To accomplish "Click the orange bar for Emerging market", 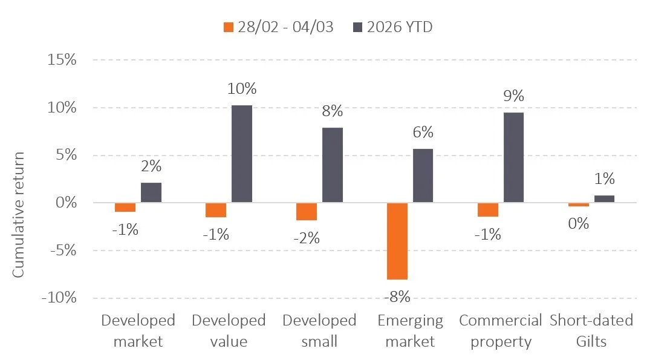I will (397, 241).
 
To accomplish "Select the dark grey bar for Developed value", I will (242, 154).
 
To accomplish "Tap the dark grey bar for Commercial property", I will (513, 157).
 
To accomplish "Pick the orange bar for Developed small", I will (307, 211).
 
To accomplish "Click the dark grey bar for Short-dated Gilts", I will (604, 198).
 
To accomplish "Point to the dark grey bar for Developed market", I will (151, 192).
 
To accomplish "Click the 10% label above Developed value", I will (242, 89).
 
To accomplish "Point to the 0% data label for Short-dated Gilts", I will (579, 223).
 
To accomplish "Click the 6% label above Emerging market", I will (422, 133).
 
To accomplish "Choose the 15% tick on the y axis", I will (60, 61).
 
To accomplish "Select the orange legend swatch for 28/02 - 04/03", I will (228, 27).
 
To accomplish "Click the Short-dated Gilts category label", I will (591, 330).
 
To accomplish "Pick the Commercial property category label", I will (500, 330).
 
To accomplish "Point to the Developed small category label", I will (319, 330).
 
